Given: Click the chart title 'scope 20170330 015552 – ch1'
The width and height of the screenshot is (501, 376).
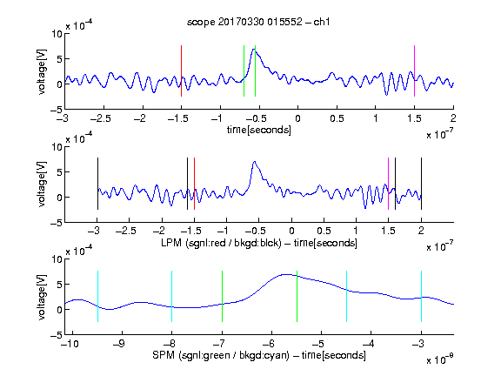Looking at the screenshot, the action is pyautogui.click(x=258, y=22).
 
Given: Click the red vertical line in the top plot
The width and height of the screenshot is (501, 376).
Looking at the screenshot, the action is pyautogui.click(x=181, y=71).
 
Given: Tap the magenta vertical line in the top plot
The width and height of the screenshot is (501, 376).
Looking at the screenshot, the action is pyautogui.click(x=414, y=71).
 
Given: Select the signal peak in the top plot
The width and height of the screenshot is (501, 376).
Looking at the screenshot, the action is pyautogui.click(x=254, y=49).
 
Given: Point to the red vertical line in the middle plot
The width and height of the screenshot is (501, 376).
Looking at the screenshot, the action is pyautogui.click(x=194, y=184).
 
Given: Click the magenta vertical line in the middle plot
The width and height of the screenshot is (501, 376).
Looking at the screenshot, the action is pyautogui.click(x=388, y=184).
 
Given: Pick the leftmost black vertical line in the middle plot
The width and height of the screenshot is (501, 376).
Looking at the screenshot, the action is pyautogui.click(x=97, y=184).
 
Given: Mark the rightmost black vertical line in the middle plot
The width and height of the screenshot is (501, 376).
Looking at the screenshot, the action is pyautogui.click(x=421, y=184).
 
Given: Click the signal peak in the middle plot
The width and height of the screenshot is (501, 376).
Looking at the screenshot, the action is pyautogui.click(x=254, y=162).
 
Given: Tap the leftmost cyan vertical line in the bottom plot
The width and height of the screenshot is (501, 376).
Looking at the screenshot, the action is pyautogui.click(x=97, y=297).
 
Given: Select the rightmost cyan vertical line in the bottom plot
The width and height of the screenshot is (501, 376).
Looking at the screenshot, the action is pyautogui.click(x=421, y=297).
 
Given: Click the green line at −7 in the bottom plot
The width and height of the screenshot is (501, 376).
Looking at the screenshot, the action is pyautogui.click(x=222, y=297).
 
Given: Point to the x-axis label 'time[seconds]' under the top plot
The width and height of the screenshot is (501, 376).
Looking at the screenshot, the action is pyautogui.click(x=259, y=130).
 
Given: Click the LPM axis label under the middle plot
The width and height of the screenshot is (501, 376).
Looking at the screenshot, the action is pyautogui.click(x=259, y=243).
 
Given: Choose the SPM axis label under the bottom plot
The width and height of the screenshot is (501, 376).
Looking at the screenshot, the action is pyautogui.click(x=259, y=355).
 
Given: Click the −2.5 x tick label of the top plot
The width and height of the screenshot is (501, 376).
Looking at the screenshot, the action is pyautogui.click(x=101, y=118).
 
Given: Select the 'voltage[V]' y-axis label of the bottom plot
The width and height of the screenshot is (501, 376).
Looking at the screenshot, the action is pyautogui.click(x=42, y=297).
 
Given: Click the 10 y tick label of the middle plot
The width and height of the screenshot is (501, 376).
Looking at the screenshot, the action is pyautogui.click(x=57, y=147).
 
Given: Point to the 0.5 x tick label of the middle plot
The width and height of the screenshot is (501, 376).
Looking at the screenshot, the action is pyautogui.click(x=324, y=231).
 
